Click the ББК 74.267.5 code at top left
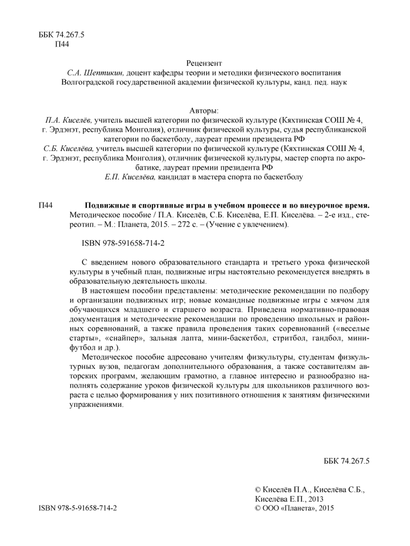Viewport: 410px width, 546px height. tap(60, 35)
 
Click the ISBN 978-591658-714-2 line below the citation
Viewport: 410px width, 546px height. tap(123, 243)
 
